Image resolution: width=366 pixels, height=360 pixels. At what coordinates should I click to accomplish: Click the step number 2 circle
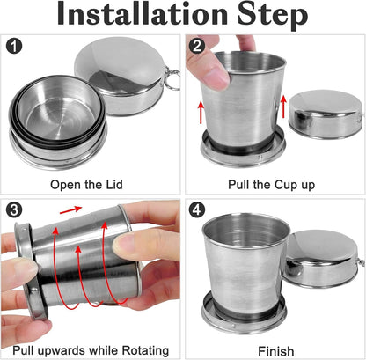point(198,47)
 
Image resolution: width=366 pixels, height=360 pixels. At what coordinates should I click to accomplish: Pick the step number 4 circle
point(198,210)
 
